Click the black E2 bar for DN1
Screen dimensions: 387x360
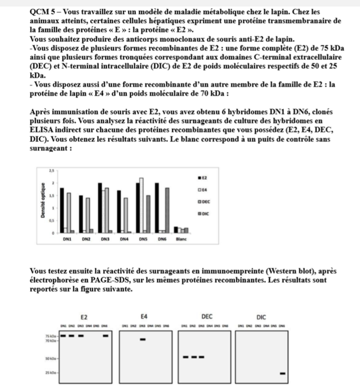pyautogui.click(x=62, y=211)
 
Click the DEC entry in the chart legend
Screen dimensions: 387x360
pyautogui.click(x=203, y=201)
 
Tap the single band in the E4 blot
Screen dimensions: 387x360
pyautogui.click(x=143, y=339)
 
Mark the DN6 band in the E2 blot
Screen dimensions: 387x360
pyautogui.click(x=106, y=335)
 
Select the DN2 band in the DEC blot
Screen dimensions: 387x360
pyautogui.click(x=193, y=357)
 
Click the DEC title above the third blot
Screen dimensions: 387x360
pyautogui.click(x=206, y=316)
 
